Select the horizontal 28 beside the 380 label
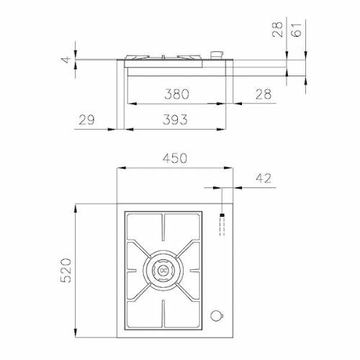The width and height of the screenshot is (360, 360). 264,94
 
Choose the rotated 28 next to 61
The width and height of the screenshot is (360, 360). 279,30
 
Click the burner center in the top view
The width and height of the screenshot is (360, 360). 164,269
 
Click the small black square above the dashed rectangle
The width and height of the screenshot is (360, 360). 221,215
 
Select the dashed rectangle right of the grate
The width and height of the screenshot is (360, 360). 221,228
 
